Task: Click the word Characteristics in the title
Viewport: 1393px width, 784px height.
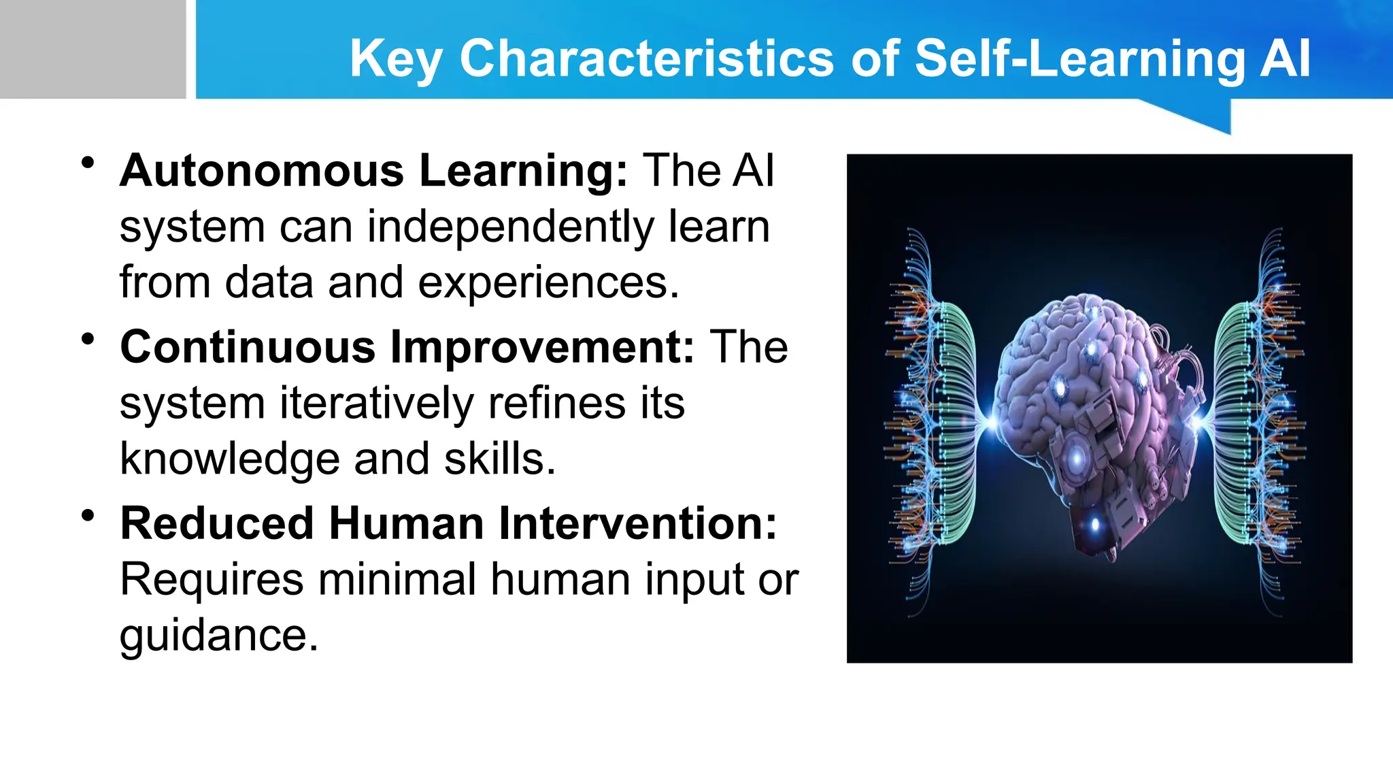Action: pos(646,59)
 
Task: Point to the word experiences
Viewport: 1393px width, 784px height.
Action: pos(548,282)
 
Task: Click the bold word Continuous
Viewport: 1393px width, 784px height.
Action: pos(248,347)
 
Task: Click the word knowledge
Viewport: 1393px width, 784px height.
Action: pos(229,459)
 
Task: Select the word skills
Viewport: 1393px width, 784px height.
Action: pos(499,459)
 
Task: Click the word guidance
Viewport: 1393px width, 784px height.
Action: pos(218,636)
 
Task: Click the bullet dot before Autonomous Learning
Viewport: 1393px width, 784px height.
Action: pos(87,163)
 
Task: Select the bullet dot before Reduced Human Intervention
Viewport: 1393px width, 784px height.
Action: pos(87,516)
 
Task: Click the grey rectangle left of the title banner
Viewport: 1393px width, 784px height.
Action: pos(93,49)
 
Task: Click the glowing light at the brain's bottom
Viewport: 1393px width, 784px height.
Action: pos(1094,524)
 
